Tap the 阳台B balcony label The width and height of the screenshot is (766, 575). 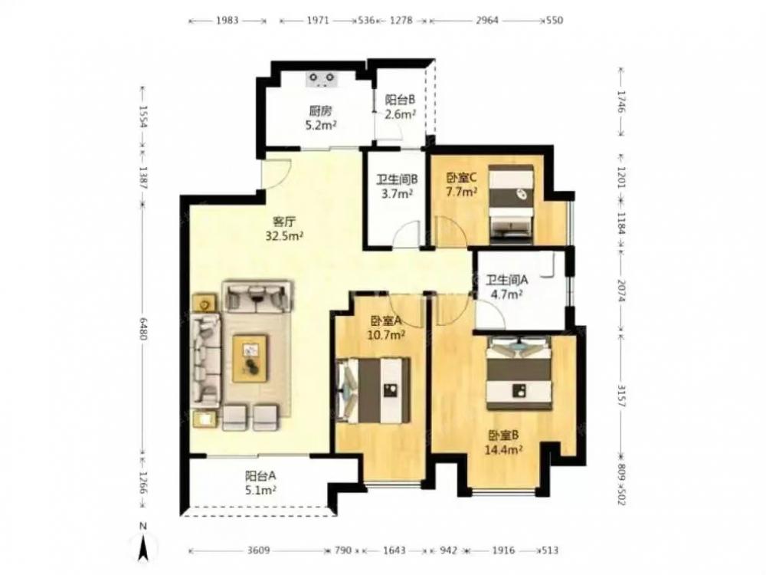pyautogui.click(x=400, y=100)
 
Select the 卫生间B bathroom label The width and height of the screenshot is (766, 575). pyautogui.click(x=397, y=179)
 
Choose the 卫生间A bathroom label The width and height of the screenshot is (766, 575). pyautogui.click(x=506, y=280)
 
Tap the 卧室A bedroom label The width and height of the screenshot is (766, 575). pyautogui.click(x=386, y=320)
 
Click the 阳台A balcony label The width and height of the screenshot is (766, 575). pyautogui.click(x=260, y=475)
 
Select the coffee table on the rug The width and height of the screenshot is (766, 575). pyautogui.click(x=250, y=358)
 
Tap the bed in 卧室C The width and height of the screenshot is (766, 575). pyautogui.click(x=511, y=205)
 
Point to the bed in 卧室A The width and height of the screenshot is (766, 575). pyautogui.click(x=374, y=390)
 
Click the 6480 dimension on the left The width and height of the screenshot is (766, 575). pyautogui.click(x=142, y=330)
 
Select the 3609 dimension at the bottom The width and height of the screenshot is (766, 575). pyautogui.click(x=258, y=550)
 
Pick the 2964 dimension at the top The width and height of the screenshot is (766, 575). pyautogui.click(x=486, y=20)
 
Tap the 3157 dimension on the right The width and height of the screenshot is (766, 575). pyautogui.click(x=621, y=396)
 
